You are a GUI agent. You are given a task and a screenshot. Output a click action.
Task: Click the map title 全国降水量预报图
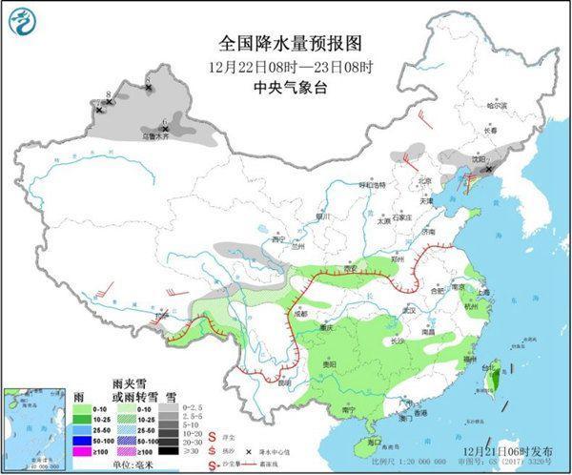coord(285,43)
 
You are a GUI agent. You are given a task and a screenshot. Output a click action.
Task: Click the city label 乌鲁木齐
coord(168,136)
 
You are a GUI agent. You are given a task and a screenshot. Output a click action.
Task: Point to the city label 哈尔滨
coord(496,105)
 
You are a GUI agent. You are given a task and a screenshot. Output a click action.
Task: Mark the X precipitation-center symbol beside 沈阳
coord(489,170)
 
